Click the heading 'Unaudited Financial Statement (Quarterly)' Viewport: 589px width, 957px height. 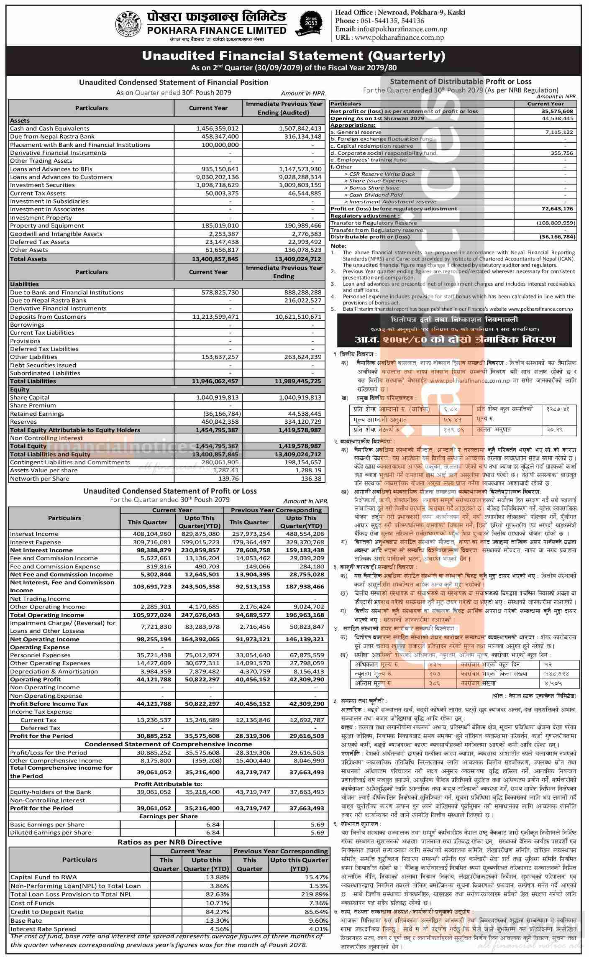pyautogui.click(x=294, y=56)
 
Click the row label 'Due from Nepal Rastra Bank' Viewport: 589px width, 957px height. pyautogui.click(x=52, y=137)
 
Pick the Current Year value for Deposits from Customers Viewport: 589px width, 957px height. pyautogui.click(x=215, y=317)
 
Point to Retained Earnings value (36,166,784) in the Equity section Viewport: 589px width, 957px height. pyautogui.click(x=219, y=414)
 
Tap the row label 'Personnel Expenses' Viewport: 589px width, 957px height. pyautogui.click(x=40, y=655)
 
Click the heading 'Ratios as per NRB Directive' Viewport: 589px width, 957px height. pyautogui.click(x=169, y=842)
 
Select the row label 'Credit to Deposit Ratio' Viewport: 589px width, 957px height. pyautogui.click(x=47, y=912)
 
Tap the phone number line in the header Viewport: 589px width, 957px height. pyautogui.click(x=379, y=21)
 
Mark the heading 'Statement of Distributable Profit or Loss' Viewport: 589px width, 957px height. pyautogui.click(x=461, y=82)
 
